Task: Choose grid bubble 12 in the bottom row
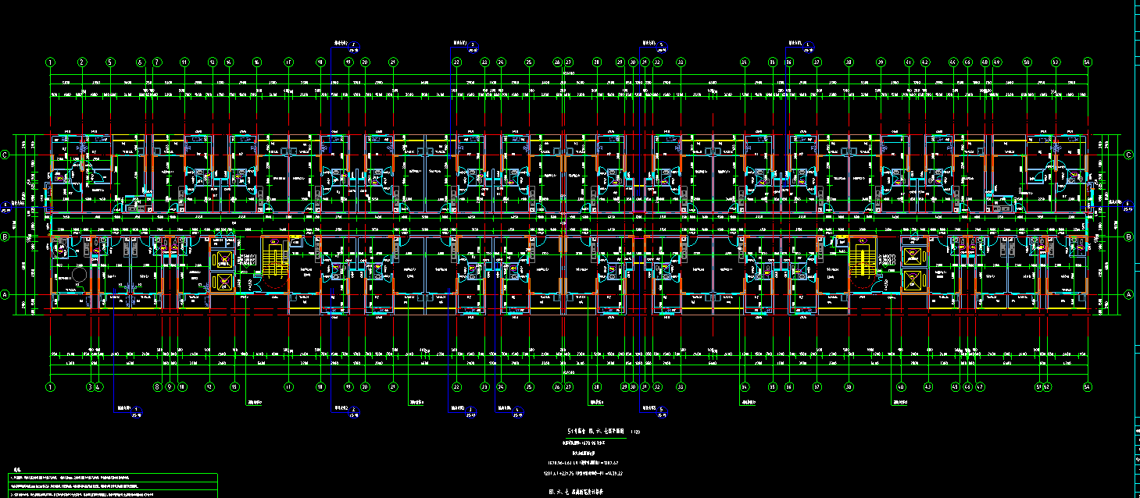pos(209,386)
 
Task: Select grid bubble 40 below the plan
pos(901,386)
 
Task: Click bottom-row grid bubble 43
pos(955,386)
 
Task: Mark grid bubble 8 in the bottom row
pos(157,386)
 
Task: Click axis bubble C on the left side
pos(5,155)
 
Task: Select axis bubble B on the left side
pos(5,236)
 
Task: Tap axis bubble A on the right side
pos(1128,294)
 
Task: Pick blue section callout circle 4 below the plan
pos(518,408)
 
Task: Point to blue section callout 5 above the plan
pos(660,43)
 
